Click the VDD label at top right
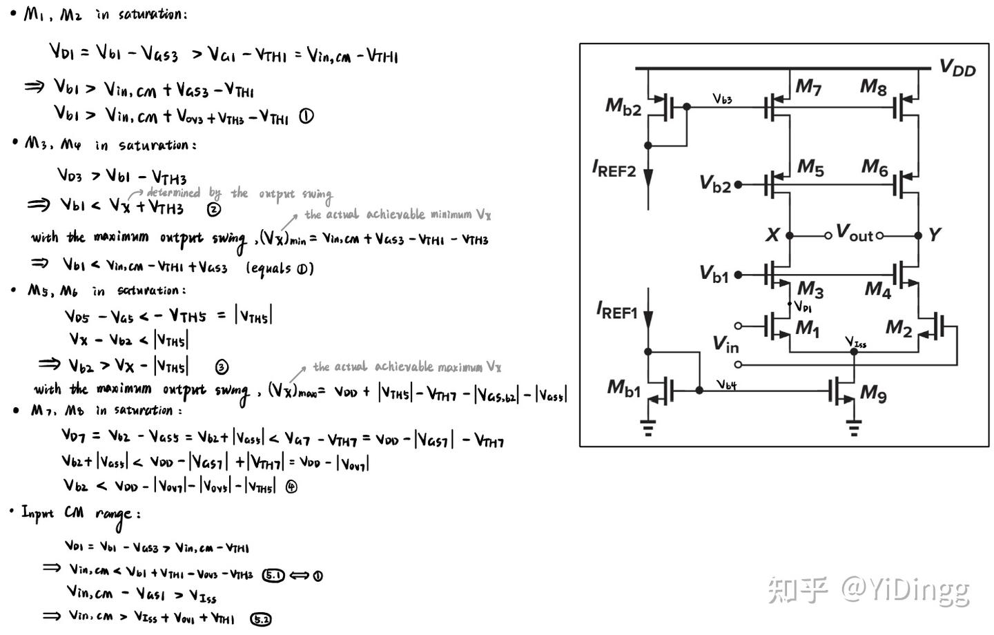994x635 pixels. [957, 68]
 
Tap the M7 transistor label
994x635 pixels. [808, 87]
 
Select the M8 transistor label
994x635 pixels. [873, 87]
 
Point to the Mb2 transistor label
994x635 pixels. [623, 107]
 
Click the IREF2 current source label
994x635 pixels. [614, 168]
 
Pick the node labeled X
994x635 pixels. [772, 235]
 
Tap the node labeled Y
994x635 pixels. [934, 235]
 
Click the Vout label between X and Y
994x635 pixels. [855, 233]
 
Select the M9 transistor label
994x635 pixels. [873, 394]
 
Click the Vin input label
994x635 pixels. [725, 343]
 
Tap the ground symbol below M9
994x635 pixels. [854, 429]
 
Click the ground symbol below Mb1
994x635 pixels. [647, 429]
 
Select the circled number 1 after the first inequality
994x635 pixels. [306, 117]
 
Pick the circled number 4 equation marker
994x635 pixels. [291, 487]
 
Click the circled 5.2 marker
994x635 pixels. [261, 619]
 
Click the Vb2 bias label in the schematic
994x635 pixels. [715, 184]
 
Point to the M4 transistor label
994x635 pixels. [877, 289]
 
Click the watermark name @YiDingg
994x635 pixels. [905, 590]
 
